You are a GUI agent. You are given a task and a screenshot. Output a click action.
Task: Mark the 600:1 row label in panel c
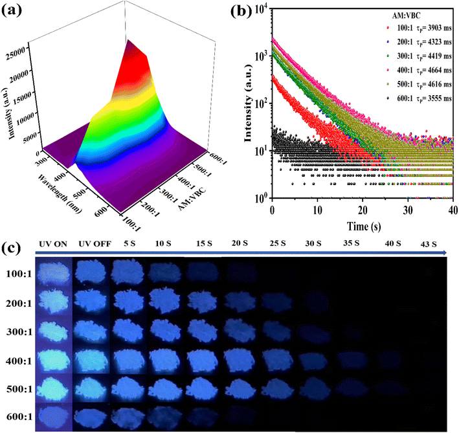(x=17, y=417)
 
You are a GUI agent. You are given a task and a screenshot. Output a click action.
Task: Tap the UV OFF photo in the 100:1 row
(x=92, y=272)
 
